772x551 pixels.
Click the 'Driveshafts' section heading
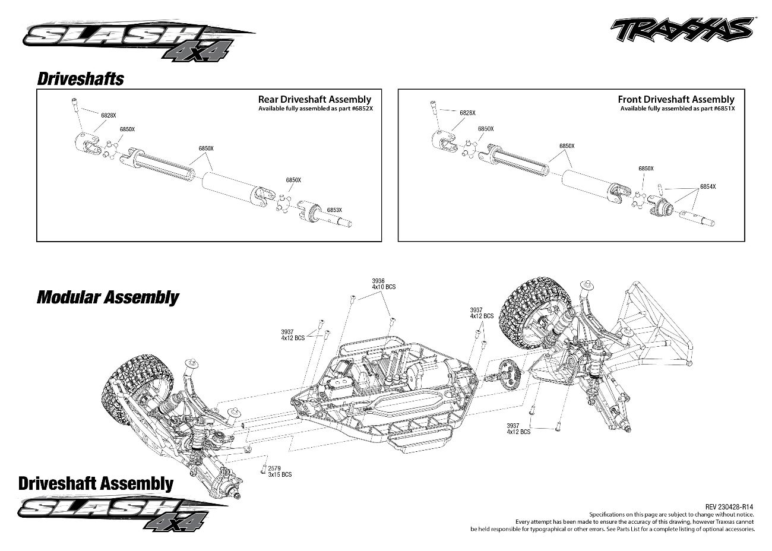point(81,79)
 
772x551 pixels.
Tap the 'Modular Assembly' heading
point(108,297)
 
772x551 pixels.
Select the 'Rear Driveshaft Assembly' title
point(315,100)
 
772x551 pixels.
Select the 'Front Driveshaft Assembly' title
point(676,100)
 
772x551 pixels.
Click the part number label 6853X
point(334,210)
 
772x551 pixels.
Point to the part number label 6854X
point(708,186)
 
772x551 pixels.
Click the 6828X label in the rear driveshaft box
point(109,115)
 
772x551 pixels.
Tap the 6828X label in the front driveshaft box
point(468,113)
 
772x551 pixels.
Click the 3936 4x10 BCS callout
point(384,284)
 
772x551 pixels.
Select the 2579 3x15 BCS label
point(280,471)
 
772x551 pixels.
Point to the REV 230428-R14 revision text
point(729,507)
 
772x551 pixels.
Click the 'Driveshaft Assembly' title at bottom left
point(96,483)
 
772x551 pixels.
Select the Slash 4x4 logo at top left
point(138,40)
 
